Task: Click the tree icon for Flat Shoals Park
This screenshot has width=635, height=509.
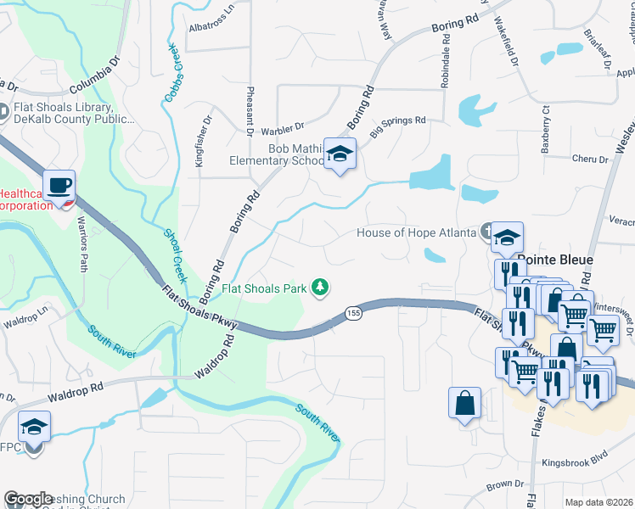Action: (320, 288)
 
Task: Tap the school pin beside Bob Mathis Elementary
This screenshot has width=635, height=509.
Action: (340, 154)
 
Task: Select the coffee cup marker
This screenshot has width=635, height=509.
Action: (59, 186)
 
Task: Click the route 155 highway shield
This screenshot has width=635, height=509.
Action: (352, 313)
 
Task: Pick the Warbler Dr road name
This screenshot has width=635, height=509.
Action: (282, 128)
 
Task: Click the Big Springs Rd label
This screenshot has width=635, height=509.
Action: (396, 121)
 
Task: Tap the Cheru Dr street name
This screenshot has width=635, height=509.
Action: (590, 159)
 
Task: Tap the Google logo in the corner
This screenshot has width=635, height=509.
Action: (28, 499)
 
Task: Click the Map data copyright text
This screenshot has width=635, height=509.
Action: (598, 502)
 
